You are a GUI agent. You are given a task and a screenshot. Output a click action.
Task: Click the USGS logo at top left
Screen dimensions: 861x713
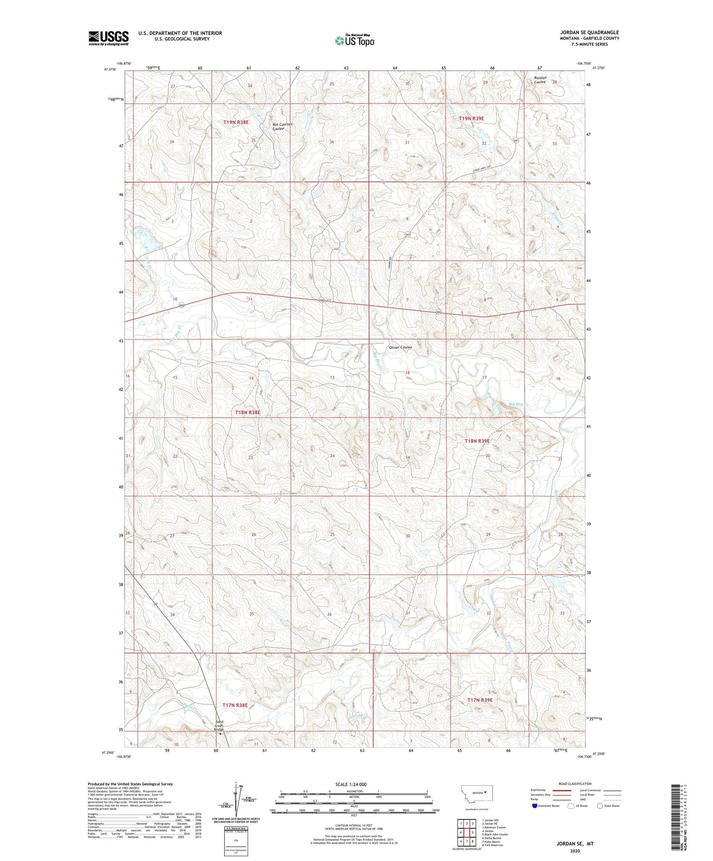pyautogui.click(x=108, y=38)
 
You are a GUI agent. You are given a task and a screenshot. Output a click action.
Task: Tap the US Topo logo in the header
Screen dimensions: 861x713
pyautogui.click(x=354, y=41)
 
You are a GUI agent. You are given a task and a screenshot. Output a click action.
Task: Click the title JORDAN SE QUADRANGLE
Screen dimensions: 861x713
pyautogui.click(x=589, y=33)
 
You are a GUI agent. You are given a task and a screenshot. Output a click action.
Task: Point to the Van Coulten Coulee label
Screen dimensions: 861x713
pyautogui.click(x=282, y=126)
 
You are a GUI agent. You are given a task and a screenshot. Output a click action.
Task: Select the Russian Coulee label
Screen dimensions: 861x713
pyautogui.click(x=540, y=80)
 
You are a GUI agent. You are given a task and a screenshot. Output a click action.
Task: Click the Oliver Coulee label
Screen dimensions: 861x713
pyautogui.click(x=400, y=347)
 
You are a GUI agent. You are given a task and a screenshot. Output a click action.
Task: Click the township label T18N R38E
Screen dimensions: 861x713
pyautogui.click(x=248, y=413)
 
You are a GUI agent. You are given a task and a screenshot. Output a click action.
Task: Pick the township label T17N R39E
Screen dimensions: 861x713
pyautogui.click(x=480, y=700)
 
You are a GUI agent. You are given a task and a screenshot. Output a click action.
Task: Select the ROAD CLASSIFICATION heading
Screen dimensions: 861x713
pyautogui.click(x=575, y=784)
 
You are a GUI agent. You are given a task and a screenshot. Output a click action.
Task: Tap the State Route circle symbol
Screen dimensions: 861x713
pyautogui.click(x=600, y=806)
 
